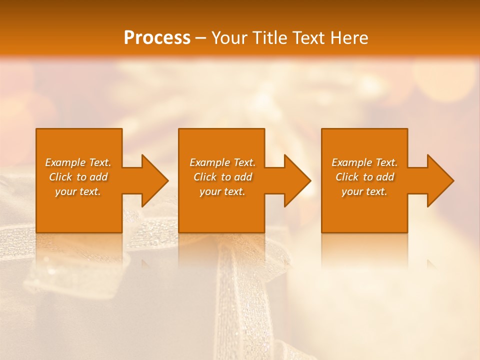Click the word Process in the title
(157, 38)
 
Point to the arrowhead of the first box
(154, 180)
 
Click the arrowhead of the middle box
(296, 180)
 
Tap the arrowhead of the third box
(439, 180)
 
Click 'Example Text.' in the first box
(78, 162)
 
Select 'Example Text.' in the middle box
(222, 162)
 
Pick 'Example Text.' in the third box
(364, 162)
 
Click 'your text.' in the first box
(78, 191)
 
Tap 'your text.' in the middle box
(222, 191)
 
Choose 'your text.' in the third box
(364, 191)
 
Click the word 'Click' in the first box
(60, 177)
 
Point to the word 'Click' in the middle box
(205, 177)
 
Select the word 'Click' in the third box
(347, 177)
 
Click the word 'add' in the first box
(98, 177)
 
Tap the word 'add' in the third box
(385, 177)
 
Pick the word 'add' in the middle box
(243, 177)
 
